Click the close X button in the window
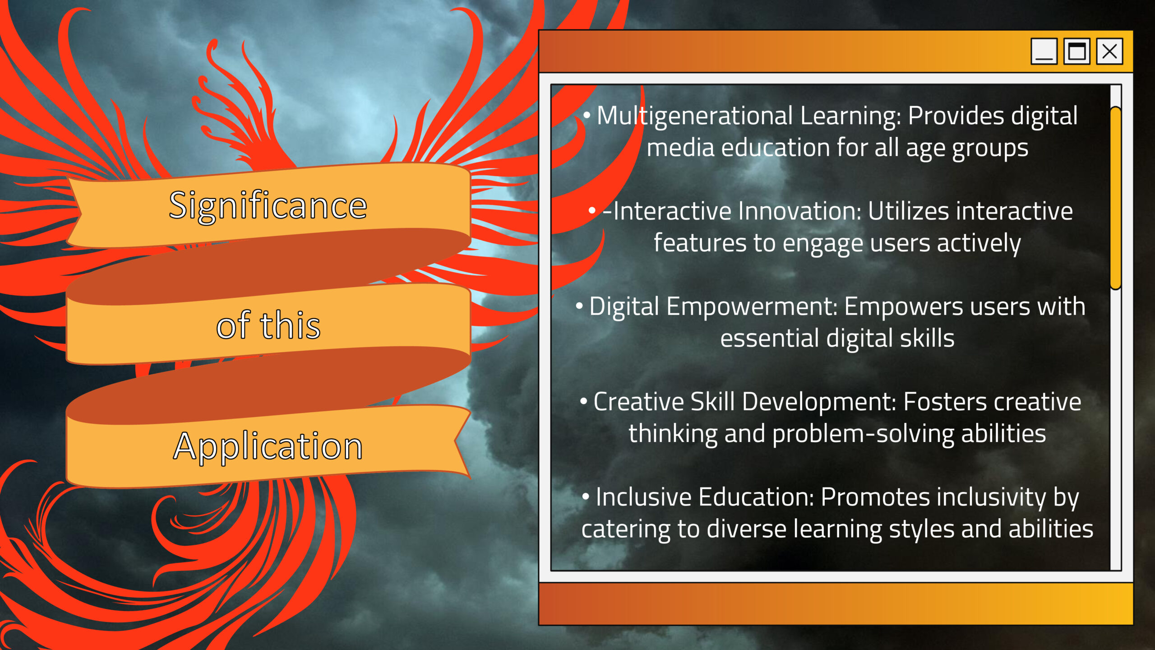[1109, 51]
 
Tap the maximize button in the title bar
[1076, 51]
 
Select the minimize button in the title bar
[1044, 51]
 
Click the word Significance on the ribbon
[268, 206]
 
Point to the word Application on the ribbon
[268, 447]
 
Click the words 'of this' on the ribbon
[268, 325]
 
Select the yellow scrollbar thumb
[1115, 198]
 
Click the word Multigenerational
[695, 116]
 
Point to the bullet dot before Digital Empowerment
[579, 306]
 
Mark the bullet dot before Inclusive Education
[586, 497]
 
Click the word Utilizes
[908, 211]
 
